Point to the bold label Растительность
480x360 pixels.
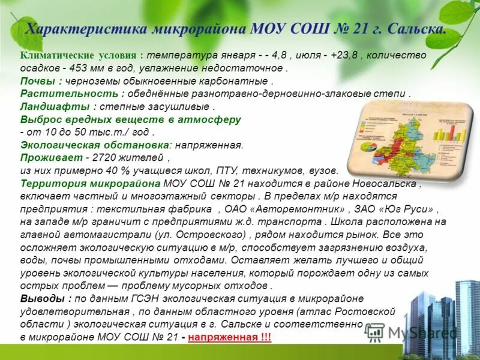[x=69, y=94]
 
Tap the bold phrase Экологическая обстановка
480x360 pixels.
[x=94, y=145]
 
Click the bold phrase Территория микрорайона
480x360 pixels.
[x=90, y=184]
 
